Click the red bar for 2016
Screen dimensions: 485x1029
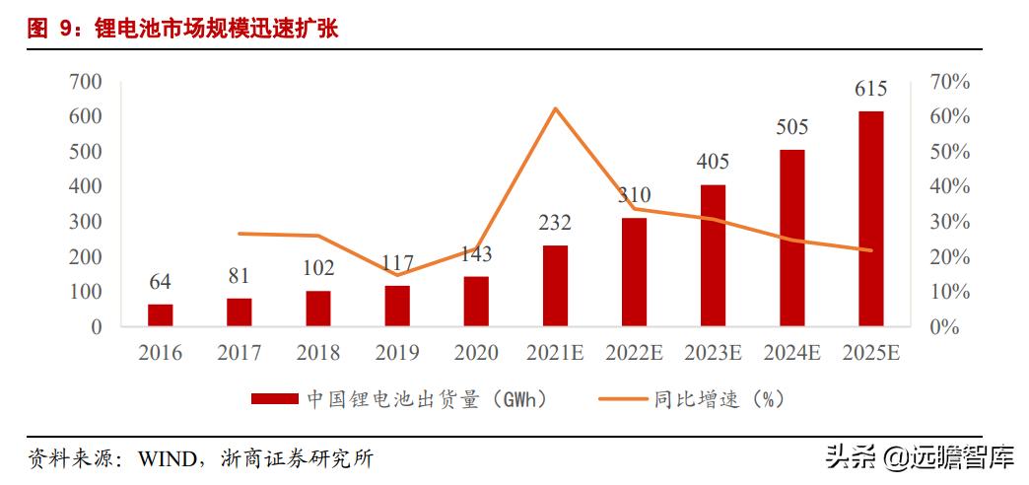point(161,314)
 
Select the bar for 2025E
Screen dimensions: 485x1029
point(870,219)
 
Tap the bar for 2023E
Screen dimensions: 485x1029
point(713,255)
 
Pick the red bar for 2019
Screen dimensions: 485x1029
point(397,306)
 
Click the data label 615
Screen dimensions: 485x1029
point(870,90)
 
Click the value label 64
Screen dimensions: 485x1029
point(161,283)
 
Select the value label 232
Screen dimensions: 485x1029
point(555,224)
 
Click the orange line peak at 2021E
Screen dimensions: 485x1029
point(556,108)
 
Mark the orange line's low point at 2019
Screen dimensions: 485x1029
point(397,275)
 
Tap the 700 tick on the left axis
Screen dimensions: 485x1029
point(86,82)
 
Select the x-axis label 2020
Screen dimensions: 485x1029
point(476,353)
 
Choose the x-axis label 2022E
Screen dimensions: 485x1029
point(634,353)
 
